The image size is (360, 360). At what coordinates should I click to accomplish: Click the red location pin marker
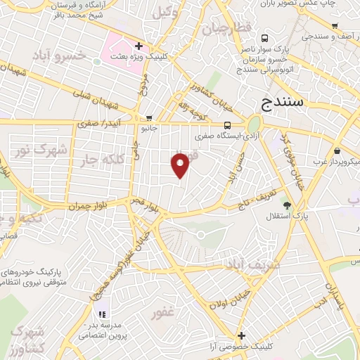tap(181, 164)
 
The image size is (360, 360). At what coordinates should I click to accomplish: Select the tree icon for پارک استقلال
tap(287, 204)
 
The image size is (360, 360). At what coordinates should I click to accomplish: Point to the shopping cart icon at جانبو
tap(149, 118)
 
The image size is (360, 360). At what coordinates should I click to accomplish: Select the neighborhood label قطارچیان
tap(226, 30)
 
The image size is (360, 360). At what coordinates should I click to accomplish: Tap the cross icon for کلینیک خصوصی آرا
tap(242, 335)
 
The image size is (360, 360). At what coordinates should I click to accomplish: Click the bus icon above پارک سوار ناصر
tap(264, 39)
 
